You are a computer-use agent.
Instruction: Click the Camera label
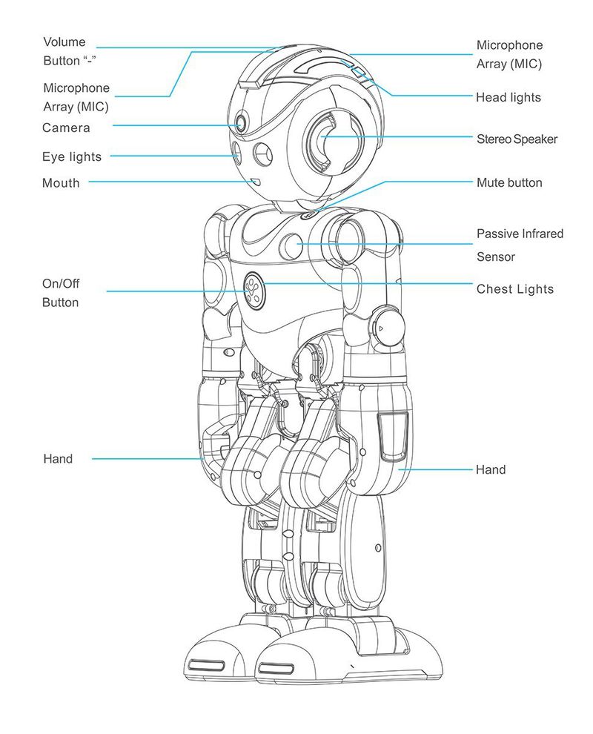(x=66, y=128)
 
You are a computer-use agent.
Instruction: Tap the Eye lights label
(x=72, y=157)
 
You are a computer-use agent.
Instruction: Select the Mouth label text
(x=61, y=183)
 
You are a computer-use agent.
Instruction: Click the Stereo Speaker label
(x=517, y=139)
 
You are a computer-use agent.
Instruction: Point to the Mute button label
(x=509, y=182)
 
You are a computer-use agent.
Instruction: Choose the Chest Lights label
(x=515, y=289)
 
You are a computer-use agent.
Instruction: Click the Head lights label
(x=508, y=97)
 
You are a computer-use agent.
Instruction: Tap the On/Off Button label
(x=60, y=293)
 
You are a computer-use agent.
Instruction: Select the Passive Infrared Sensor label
(x=520, y=245)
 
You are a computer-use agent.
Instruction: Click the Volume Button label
(x=69, y=51)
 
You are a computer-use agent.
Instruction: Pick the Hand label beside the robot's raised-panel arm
(x=491, y=469)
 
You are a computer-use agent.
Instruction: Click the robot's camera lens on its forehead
(x=241, y=124)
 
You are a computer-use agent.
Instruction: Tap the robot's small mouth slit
(x=256, y=181)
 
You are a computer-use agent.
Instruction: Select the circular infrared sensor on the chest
(x=291, y=245)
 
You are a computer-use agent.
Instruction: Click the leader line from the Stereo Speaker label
(x=397, y=136)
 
